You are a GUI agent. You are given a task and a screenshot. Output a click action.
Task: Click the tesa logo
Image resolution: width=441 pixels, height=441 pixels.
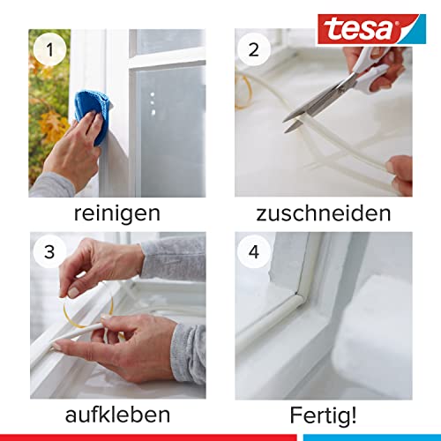381,27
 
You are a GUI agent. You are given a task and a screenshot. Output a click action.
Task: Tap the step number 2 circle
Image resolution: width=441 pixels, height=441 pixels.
255,50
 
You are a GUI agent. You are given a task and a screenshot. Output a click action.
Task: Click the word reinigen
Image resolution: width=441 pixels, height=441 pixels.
117,214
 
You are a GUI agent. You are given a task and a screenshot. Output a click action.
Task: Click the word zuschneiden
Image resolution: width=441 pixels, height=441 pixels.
323,214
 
